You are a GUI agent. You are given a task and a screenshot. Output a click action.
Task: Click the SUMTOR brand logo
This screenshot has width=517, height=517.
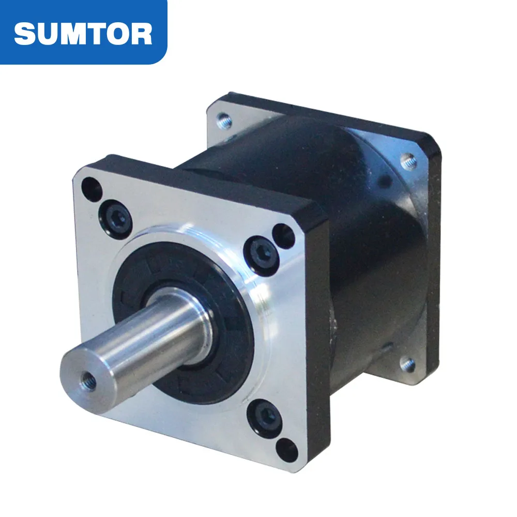(x=83, y=32)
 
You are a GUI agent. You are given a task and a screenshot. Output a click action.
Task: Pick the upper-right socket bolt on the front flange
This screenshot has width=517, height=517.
(x=257, y=251)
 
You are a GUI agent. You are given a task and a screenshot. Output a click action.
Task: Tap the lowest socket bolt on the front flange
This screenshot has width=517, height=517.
(x=265, y=417)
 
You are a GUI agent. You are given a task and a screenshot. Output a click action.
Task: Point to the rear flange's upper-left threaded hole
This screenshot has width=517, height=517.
(x=223, y=121)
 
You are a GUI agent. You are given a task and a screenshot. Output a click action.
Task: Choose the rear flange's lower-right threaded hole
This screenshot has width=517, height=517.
(x=408, y=365)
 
